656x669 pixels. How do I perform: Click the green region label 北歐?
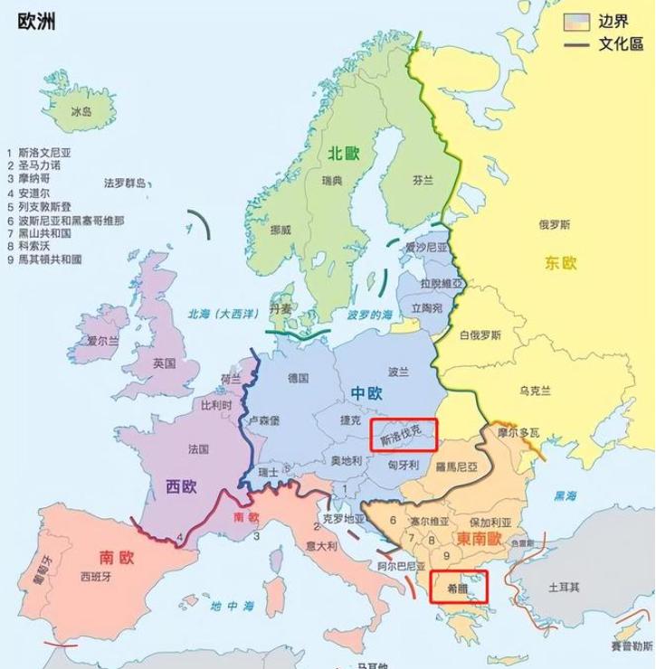344,154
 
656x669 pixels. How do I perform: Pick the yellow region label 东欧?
561,263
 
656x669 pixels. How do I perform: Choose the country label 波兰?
399,372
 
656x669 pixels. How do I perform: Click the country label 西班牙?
97,576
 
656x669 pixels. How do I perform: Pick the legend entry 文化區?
620,43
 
